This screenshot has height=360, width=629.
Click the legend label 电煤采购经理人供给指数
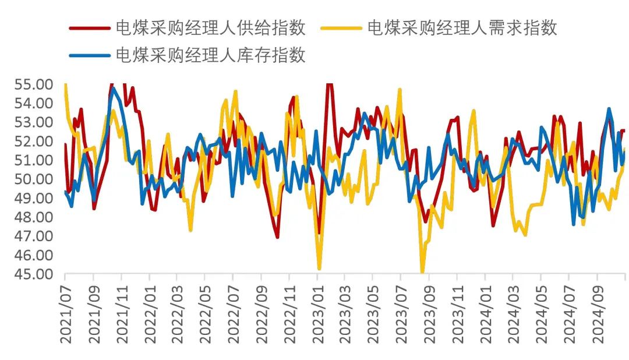point(211,27)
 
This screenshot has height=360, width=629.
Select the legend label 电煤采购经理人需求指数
point(462,27)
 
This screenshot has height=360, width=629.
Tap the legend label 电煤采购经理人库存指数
point(211,55)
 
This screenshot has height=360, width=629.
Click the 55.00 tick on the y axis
point(33,84)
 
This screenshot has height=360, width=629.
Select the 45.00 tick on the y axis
point(33,274)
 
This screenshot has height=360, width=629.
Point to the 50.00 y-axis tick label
point(33,179)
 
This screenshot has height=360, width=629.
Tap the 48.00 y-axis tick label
point(33,217)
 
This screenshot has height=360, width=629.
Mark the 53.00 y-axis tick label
point(33,122)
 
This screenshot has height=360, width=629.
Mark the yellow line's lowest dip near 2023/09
point(422,271)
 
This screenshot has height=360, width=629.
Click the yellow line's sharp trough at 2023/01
point(319,269)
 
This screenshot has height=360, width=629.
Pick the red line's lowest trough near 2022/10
point(277,237)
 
